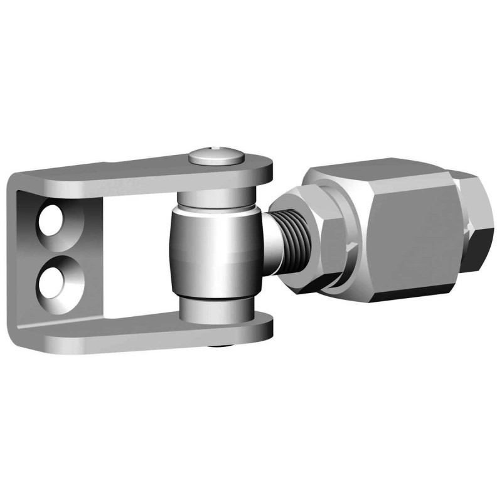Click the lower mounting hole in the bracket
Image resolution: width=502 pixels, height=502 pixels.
54,275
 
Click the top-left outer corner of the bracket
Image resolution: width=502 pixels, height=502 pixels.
14,179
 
